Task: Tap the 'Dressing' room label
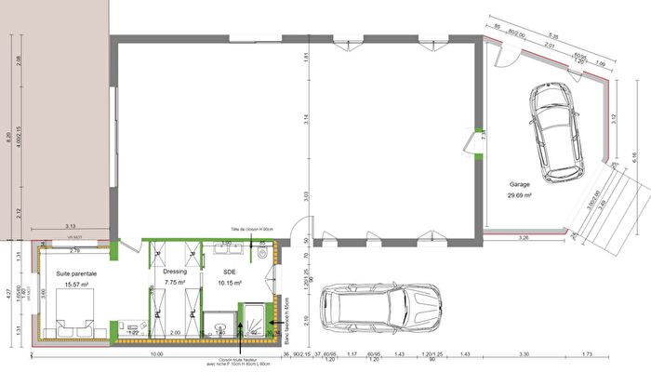(175, 272)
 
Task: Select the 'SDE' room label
(231, 272)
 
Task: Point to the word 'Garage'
(520, 184)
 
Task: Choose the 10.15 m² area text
(231, 282)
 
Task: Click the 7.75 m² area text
(175, 282)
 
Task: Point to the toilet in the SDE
(264, 251)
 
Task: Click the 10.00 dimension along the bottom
(155, 354)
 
